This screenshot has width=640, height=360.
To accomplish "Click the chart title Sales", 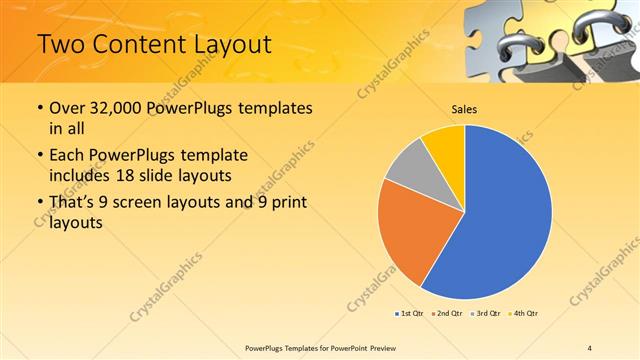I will tap(464, 108).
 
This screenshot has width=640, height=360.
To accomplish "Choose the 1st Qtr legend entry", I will tap(410, 314).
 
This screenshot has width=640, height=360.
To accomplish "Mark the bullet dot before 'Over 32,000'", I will tap(38, 108).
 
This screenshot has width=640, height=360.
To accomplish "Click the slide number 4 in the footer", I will tap(589, 347).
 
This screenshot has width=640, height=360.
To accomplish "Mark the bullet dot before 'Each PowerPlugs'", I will tap(38, 156).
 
